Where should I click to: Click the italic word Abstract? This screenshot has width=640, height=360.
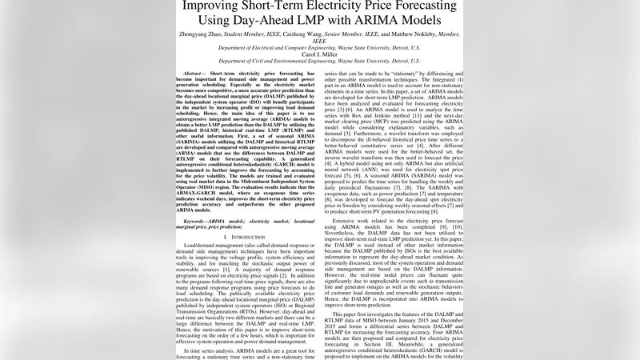pos(195,74)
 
